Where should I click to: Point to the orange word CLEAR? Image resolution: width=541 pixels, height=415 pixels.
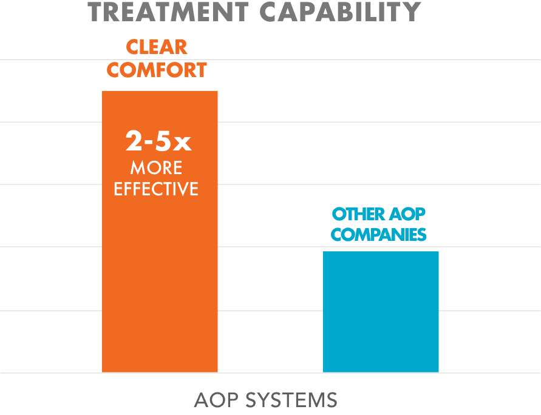pyautogui.click(x=156, y=47)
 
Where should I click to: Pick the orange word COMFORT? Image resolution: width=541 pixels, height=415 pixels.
pyautogui.click(x=157, y=70)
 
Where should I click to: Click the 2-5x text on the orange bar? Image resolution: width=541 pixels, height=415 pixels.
pyautogui.click(x=158, y=142)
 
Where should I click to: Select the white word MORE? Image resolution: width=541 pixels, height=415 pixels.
pyautogui.click(x=156, y=167)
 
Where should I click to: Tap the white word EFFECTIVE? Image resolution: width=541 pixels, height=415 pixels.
pyautogui.click(x=156, y=188)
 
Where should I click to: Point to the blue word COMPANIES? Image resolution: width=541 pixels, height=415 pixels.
pyautogui.click(x=379, y=235)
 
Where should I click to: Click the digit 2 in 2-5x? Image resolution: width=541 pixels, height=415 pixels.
pyautogui.click(x=134, y=142)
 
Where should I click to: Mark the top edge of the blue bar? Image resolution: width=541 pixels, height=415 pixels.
pyautogui.click(x=380, y=252)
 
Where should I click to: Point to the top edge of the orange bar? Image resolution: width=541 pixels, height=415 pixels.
pyautogui.click(x=159, y=91)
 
